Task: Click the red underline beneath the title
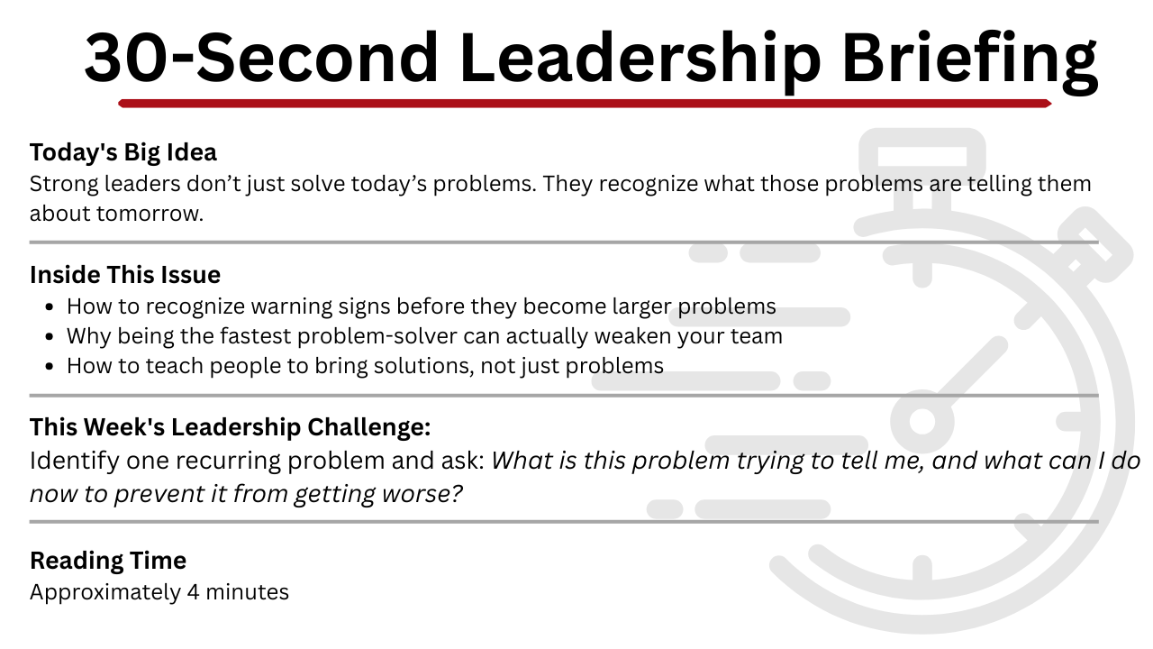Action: [585, 104]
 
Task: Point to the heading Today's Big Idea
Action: [123, 152]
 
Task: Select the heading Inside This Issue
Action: [125, 275]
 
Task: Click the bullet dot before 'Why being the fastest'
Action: [50, 337]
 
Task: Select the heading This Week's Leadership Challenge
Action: [230, 427]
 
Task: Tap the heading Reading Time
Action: [108, 561]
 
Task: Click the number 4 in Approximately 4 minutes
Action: [193, 592]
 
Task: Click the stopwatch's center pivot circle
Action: [922, 421]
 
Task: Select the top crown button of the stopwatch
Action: [922, 154]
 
